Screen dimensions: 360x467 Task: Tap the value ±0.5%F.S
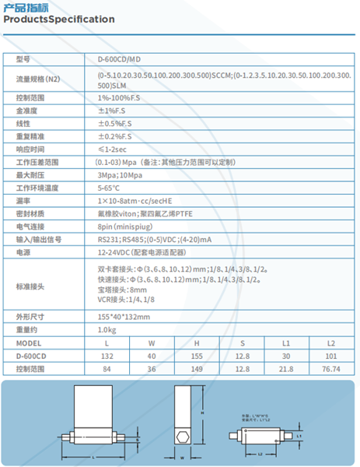point(114,123)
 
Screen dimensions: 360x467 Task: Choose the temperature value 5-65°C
point(109,188)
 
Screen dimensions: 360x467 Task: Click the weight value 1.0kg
point(107,330)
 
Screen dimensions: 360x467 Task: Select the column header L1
point(286,343)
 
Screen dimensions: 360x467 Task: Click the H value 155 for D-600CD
point(197,356)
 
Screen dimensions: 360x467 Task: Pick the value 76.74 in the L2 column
point(331,369)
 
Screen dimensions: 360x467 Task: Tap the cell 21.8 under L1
point(286,369)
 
